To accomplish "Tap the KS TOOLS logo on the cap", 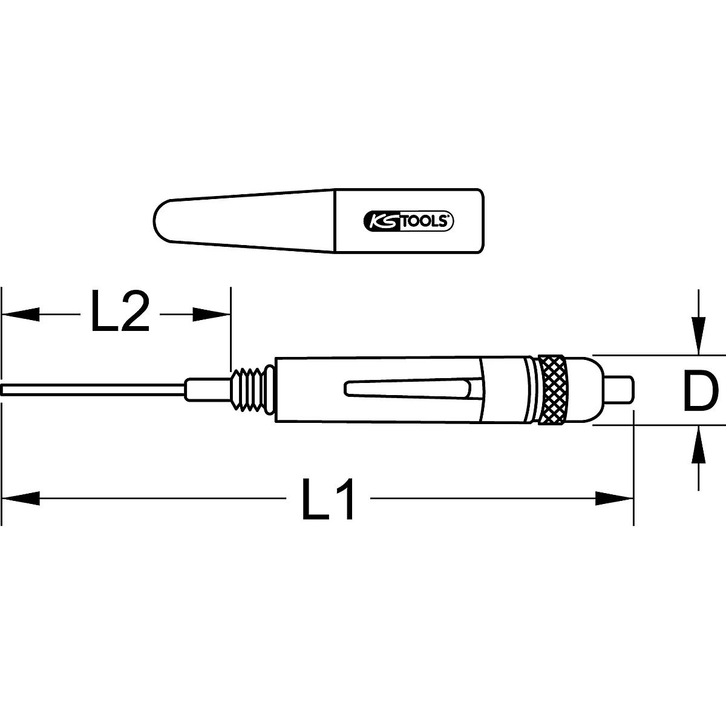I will pyautogui.click(x=408, y=221).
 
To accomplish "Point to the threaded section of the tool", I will pyautogui.click(x=251, y=389).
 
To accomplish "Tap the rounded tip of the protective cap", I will pyautogui.click(x=162, y=221).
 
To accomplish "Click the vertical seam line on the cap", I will pyautogui.click(x=335, y=221).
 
